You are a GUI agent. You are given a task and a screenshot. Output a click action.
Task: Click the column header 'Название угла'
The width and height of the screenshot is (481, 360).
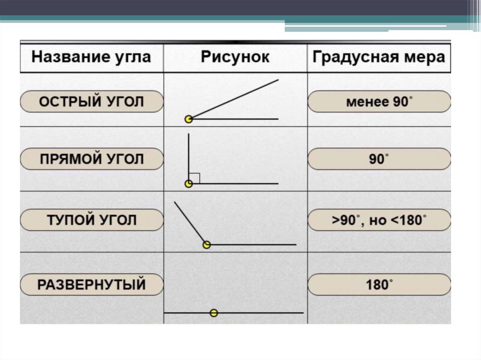pyautogui.click(x=91, y=57)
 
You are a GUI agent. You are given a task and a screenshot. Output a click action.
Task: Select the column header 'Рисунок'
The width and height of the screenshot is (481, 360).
pyautogui.click(x=235, y=57)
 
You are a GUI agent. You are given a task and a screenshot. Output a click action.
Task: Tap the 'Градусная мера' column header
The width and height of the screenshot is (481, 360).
pyautogui.click(x=379, y=57)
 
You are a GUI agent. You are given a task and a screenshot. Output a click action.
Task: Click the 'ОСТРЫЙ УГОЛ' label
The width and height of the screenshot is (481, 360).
pyautogui.click(x=91, y=102)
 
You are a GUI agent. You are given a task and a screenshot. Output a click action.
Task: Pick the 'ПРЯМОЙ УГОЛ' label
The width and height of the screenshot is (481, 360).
pyautogui.click(x=91, y=160)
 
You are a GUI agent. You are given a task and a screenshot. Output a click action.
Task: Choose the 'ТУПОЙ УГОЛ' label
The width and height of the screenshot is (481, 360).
pyautogui.click(x=91, y=220)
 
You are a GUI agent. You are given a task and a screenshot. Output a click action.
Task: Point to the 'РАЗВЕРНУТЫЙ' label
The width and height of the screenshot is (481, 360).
pyautogui.click(x=91, y=285)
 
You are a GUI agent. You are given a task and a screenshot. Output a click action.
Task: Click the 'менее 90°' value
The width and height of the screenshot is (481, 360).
pyautogui.click(x=379, y=102)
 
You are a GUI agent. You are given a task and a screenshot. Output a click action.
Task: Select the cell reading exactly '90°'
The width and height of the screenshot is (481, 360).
pyautogui.click(x=379, y=160)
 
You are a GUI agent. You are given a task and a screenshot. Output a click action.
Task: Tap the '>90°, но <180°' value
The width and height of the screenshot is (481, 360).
pyautogui.click(x=379, y=220)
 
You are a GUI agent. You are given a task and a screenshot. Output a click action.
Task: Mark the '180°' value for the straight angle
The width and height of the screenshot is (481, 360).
pyautogui.click(x=379, y=285)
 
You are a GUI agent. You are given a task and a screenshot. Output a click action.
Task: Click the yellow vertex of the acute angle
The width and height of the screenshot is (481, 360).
pyautogui.click(x=189, y=119)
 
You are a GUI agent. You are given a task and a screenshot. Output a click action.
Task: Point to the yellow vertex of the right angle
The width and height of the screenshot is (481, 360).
pyautogui.click(x=189, y=184)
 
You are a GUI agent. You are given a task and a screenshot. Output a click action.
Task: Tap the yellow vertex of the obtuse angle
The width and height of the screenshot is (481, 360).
pyautogui.click(x=207, y=245)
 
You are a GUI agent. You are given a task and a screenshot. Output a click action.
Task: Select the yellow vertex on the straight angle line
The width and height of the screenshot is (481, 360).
pyautogui.click(x=214, y=313)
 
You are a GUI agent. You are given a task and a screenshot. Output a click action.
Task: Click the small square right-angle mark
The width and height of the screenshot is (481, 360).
pyautogui.click(x=196, y=178)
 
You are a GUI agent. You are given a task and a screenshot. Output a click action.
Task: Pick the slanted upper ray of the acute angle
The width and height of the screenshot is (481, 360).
pyautogui.click(x=235, y=99)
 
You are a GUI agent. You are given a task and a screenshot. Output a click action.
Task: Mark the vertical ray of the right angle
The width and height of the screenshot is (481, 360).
pyautogui.click(x=189, y=155)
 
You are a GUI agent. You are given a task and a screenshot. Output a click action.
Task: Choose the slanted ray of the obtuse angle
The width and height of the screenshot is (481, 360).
pyautogui.click(x=190, y=222)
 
